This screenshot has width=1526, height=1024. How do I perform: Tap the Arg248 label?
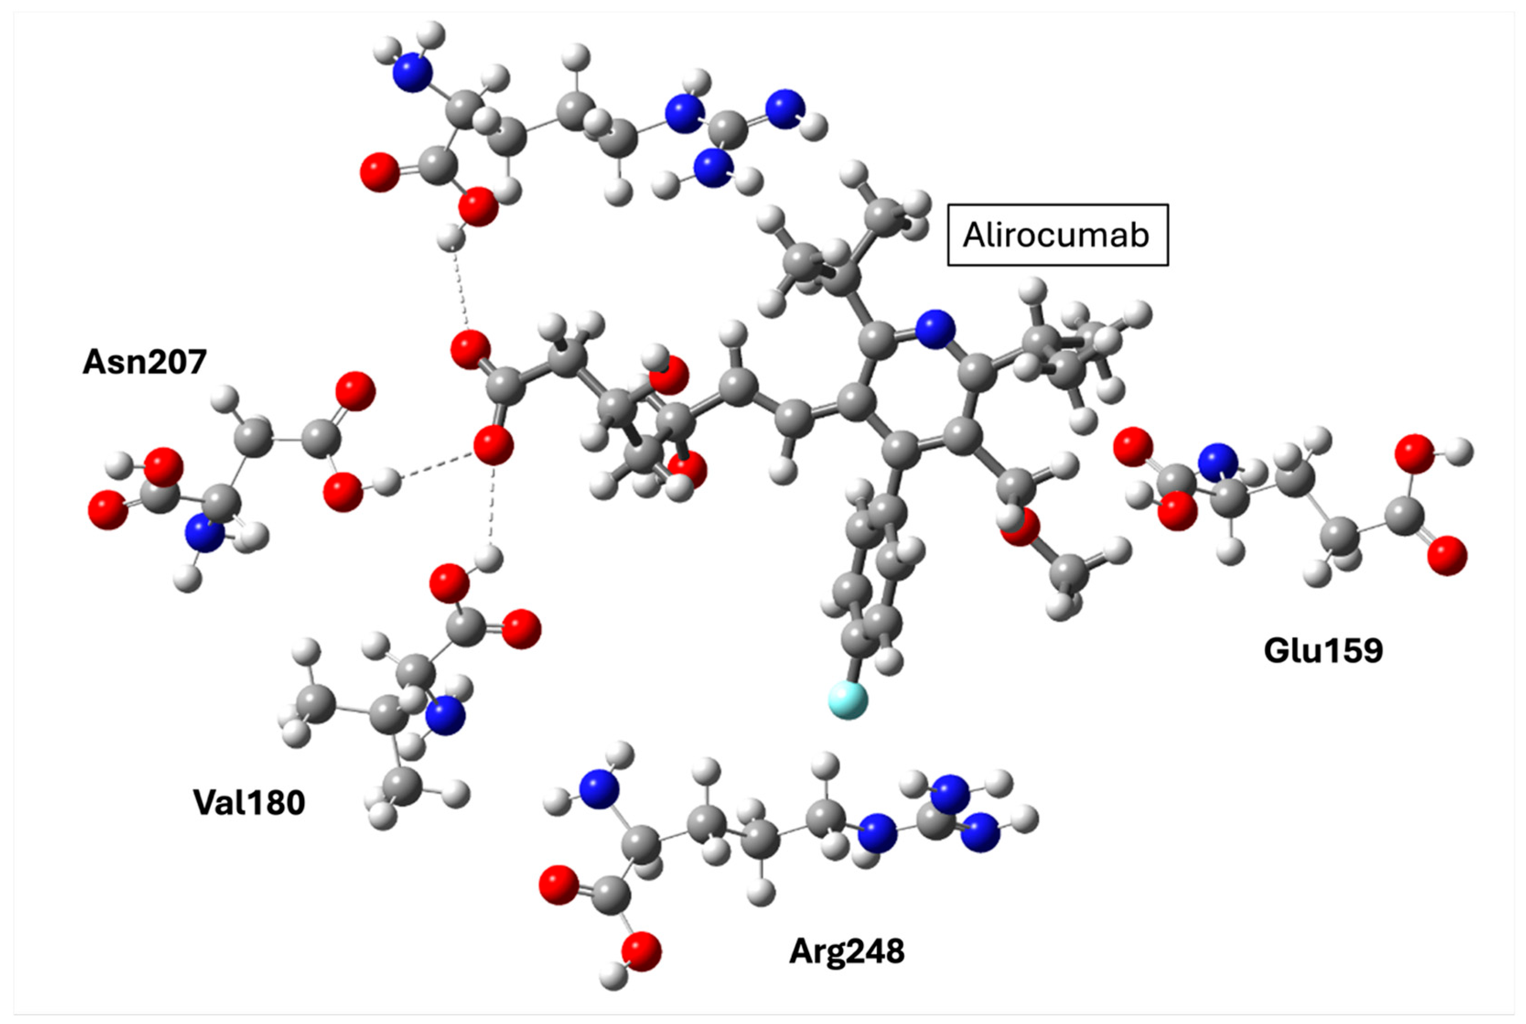pos(847,952)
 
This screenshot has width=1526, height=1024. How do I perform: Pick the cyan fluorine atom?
pos(848,700)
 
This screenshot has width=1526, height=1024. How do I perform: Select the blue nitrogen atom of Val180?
pos(445,716)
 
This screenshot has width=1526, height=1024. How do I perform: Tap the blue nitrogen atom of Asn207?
pos(205,532)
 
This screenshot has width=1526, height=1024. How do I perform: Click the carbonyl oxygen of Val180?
pos(521,629)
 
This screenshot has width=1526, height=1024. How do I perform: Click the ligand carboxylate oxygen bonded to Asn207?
pos(493,447)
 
